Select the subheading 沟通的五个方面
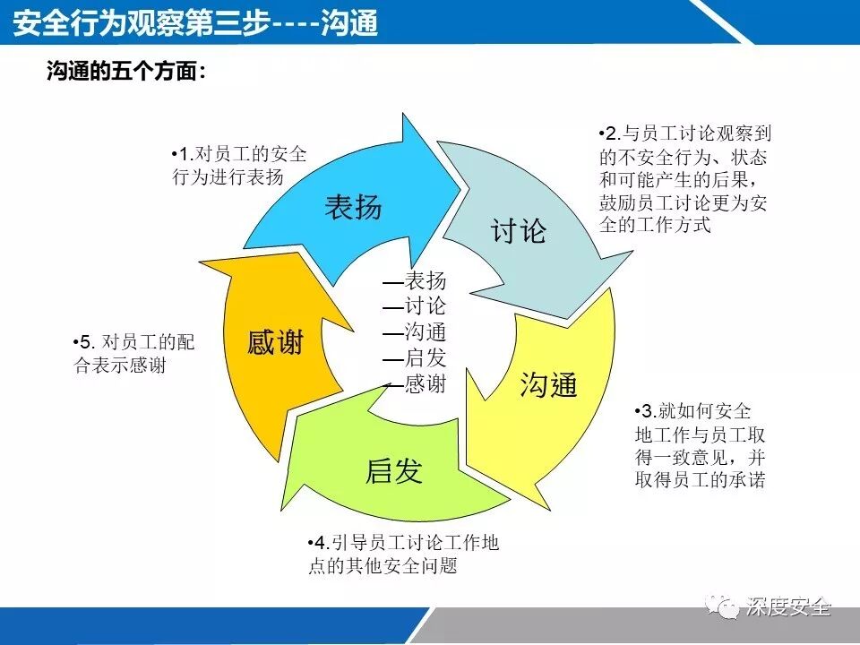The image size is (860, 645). [x=125, y=72]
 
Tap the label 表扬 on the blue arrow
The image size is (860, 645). [x=353, y=207]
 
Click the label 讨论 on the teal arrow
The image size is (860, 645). [x=518, y=231]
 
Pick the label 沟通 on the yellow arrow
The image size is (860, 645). [x=548, y=385]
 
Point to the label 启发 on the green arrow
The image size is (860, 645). [x=393, y=470]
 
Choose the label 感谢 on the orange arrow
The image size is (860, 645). [x=275, y=342]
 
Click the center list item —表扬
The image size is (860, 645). [x=414, y=279]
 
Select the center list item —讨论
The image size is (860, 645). [x=414, y=305]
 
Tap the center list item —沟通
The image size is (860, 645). [x=414, y=331]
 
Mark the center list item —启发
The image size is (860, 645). [x=414, y=357]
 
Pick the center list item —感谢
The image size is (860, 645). [x=414, y=383]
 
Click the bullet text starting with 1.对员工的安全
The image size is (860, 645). [x=238, y=165]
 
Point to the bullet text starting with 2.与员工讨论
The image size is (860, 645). [x=684, y=179]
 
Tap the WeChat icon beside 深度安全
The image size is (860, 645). [x=722, y=606]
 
